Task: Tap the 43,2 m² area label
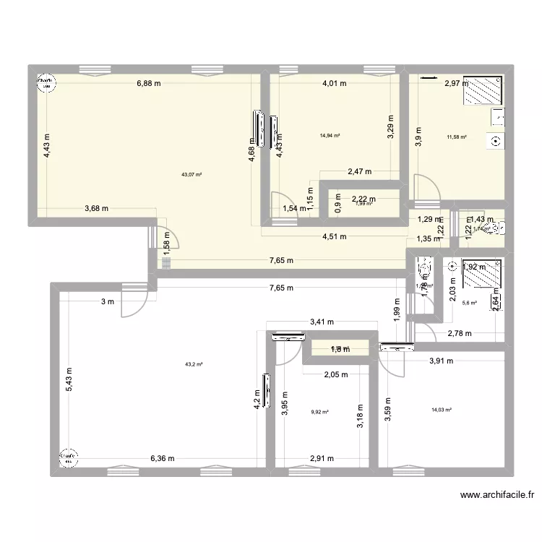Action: [194, 365]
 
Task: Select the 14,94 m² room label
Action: [330, 135]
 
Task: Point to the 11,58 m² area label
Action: [457, 137]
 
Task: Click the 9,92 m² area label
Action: [320, 412]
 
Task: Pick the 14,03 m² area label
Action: [441, 410]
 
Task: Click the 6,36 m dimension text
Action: [162, 457]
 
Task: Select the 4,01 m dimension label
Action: [335, 84]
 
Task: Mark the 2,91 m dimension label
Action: [322, 458]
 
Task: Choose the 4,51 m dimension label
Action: [335, 236]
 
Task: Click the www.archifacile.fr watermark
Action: [498, 495]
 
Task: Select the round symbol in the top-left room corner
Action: [45, 83]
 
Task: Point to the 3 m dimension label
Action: [107, 302]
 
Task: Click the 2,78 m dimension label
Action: [460, 333]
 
